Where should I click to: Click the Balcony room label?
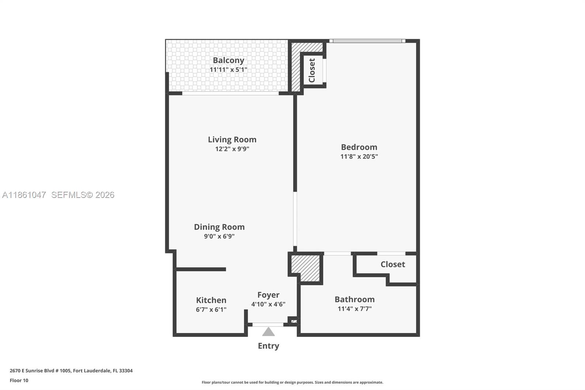[x=229, y=60]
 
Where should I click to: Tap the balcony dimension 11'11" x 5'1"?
[x=229, y=70]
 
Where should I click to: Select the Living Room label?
[x=232, y=139]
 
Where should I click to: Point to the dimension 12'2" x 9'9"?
[x=232, y=149]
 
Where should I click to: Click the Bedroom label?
[x=359, y=147]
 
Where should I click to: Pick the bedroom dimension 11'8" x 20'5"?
[x=359, y=157]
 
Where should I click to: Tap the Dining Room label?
[x=219, y=227]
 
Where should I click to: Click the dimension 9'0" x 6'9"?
[x=219, y=236]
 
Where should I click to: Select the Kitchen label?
[x=211, y=300]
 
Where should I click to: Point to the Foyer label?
[x=268, y=295]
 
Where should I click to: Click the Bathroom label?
[x=355, y=299]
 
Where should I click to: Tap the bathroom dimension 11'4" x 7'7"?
[x=355, y=309]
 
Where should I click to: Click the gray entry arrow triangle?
[x=268, y=332]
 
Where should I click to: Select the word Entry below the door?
[x=268, y=346]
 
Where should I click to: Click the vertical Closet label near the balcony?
[x=312, y=70]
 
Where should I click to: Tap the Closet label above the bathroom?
[x=393, y=264]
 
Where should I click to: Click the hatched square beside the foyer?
[x=306, y=268]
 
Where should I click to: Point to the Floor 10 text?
[x=19, y=380]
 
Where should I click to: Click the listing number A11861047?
[x=24, y=195]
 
